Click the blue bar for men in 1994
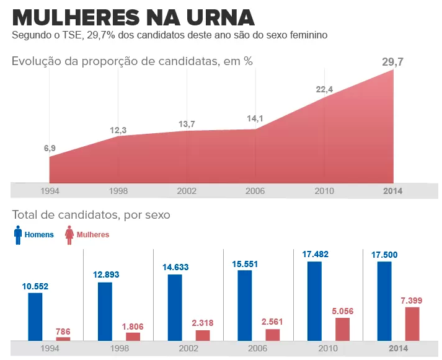coord(35,316)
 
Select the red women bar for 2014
coord(412,323)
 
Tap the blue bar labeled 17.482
coord(315,301)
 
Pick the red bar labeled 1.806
coord(133,336)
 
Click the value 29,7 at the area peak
coord(392,61)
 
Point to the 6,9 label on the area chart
coord(50,148)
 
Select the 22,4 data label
coord(324,89)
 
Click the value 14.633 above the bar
coord(175,267)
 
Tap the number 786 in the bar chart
coord(63,331)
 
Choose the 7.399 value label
coord(412,300)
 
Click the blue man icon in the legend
coord(17,235)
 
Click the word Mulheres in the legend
coord(92,235)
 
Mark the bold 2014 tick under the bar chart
coord(398,348)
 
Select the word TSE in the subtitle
coord(73,35)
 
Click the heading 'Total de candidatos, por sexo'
coord(91,215)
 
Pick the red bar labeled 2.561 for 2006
coord(273,335)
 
